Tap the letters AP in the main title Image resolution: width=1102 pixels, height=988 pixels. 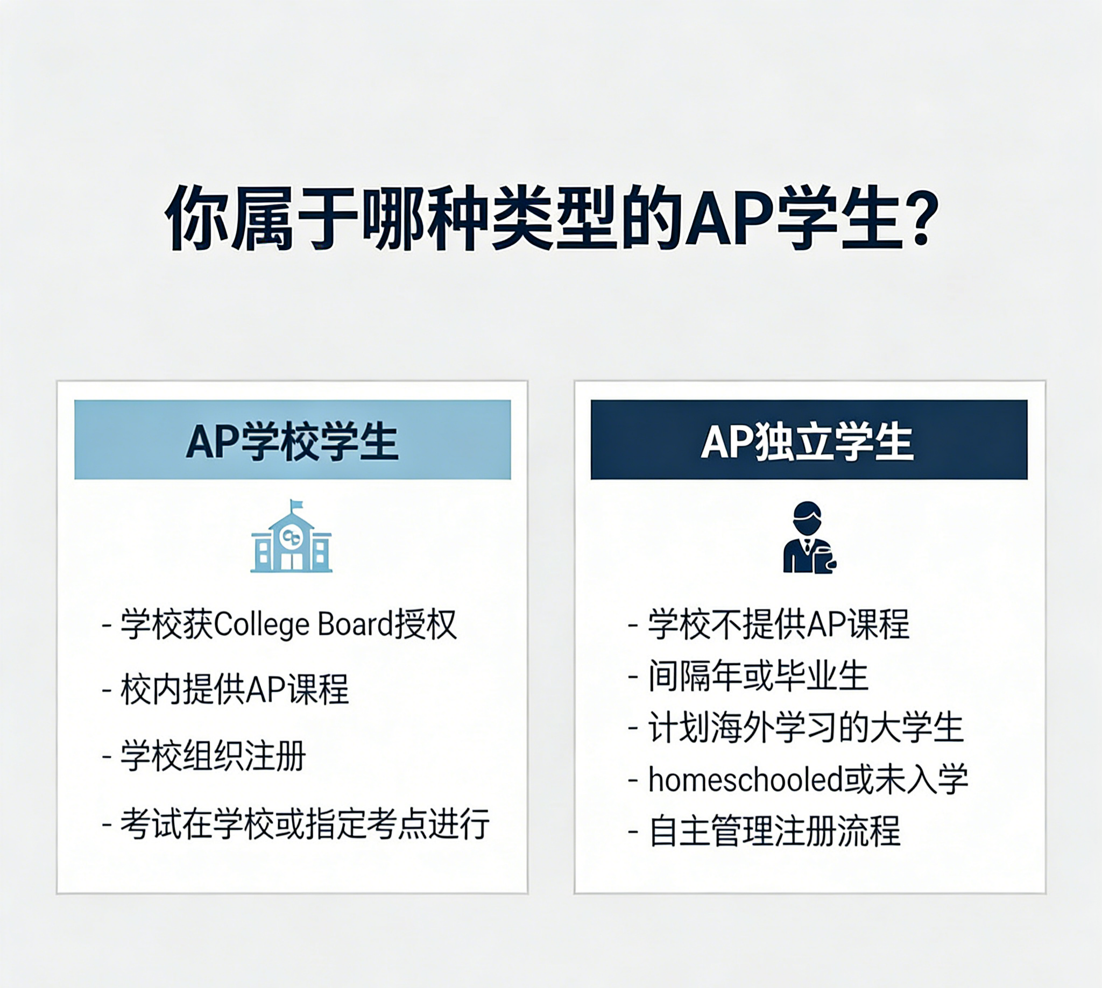click(729, 219)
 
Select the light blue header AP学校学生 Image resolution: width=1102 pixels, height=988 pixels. click(293, 440)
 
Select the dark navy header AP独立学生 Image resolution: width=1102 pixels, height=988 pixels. click(809, 440)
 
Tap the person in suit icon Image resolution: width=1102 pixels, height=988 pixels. click(809, 537)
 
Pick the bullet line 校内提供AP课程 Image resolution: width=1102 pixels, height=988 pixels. click(225, 690)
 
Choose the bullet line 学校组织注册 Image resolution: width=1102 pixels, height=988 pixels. click(204, 756)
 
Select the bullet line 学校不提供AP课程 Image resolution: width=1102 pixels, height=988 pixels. click(769, 624)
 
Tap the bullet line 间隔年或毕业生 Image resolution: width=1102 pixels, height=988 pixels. click(748, 676)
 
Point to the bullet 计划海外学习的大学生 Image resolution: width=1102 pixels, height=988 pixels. click(796, 728)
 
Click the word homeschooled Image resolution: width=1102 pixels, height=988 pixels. click(745, 779)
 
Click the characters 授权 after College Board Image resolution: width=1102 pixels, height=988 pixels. click(425, 624)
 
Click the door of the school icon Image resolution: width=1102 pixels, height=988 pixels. click(292, 561)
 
